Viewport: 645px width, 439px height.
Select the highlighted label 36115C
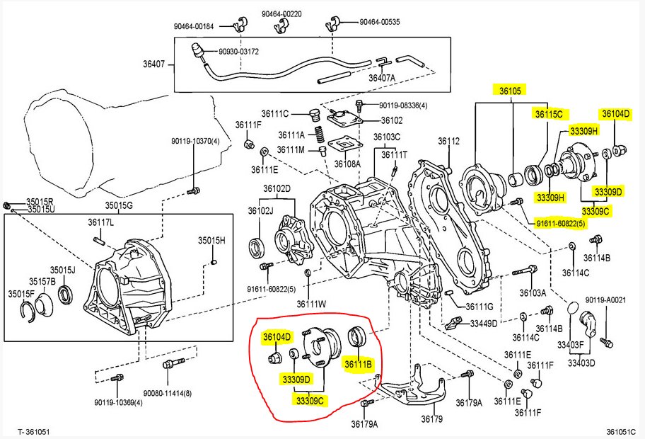pyautogui.click(x=548, y=114)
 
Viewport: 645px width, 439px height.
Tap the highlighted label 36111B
pyautogui.click(x=358, y=364)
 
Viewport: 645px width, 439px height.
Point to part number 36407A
pyautogui.click(x=382, y=77)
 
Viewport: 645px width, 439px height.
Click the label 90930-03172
pyautogui.click(x=238, y=51)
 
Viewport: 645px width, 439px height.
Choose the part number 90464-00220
pyautogui.click(x=281, y=13)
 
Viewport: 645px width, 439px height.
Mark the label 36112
pyautogui.click(x=448, y=141)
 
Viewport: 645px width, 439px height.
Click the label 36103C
pyautogui.click(x=387, y=137)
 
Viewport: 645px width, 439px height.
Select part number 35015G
pyautogui.click(x=120, y=206)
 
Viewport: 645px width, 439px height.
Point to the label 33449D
pyautogui.click(x=484, y=324)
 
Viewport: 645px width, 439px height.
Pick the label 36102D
pyautogui.click(x=277, y=188)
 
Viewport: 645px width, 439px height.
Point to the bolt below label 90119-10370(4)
pyautogui.click(x=192, y=191)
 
